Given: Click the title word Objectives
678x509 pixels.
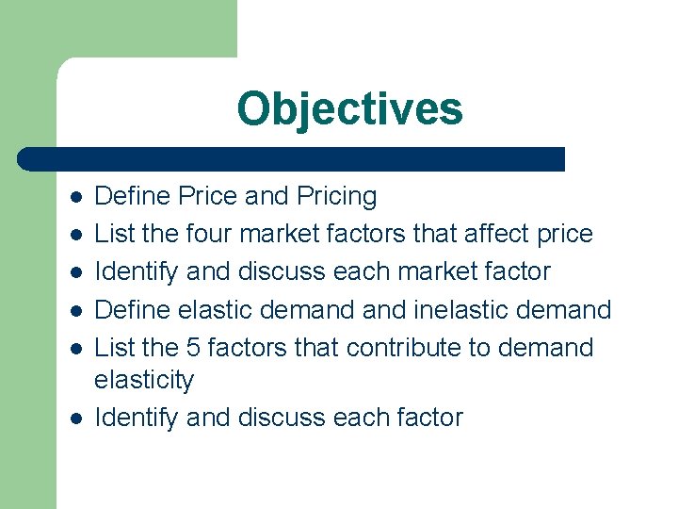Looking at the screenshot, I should pos(349,108).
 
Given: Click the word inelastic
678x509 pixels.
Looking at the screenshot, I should pos(470,309).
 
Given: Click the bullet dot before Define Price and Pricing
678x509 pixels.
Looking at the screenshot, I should pos(76,197).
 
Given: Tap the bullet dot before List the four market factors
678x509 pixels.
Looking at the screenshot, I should pos(76,234).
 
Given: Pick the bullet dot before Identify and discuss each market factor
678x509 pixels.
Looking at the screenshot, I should pos(76,271).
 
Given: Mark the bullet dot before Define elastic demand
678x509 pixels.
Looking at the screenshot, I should pos(76,309).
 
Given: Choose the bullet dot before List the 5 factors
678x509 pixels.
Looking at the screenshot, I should pos(76,347).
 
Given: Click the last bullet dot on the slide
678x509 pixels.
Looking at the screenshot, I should pos(76,418).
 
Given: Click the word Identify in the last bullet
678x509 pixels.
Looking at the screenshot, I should pos(137,418).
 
